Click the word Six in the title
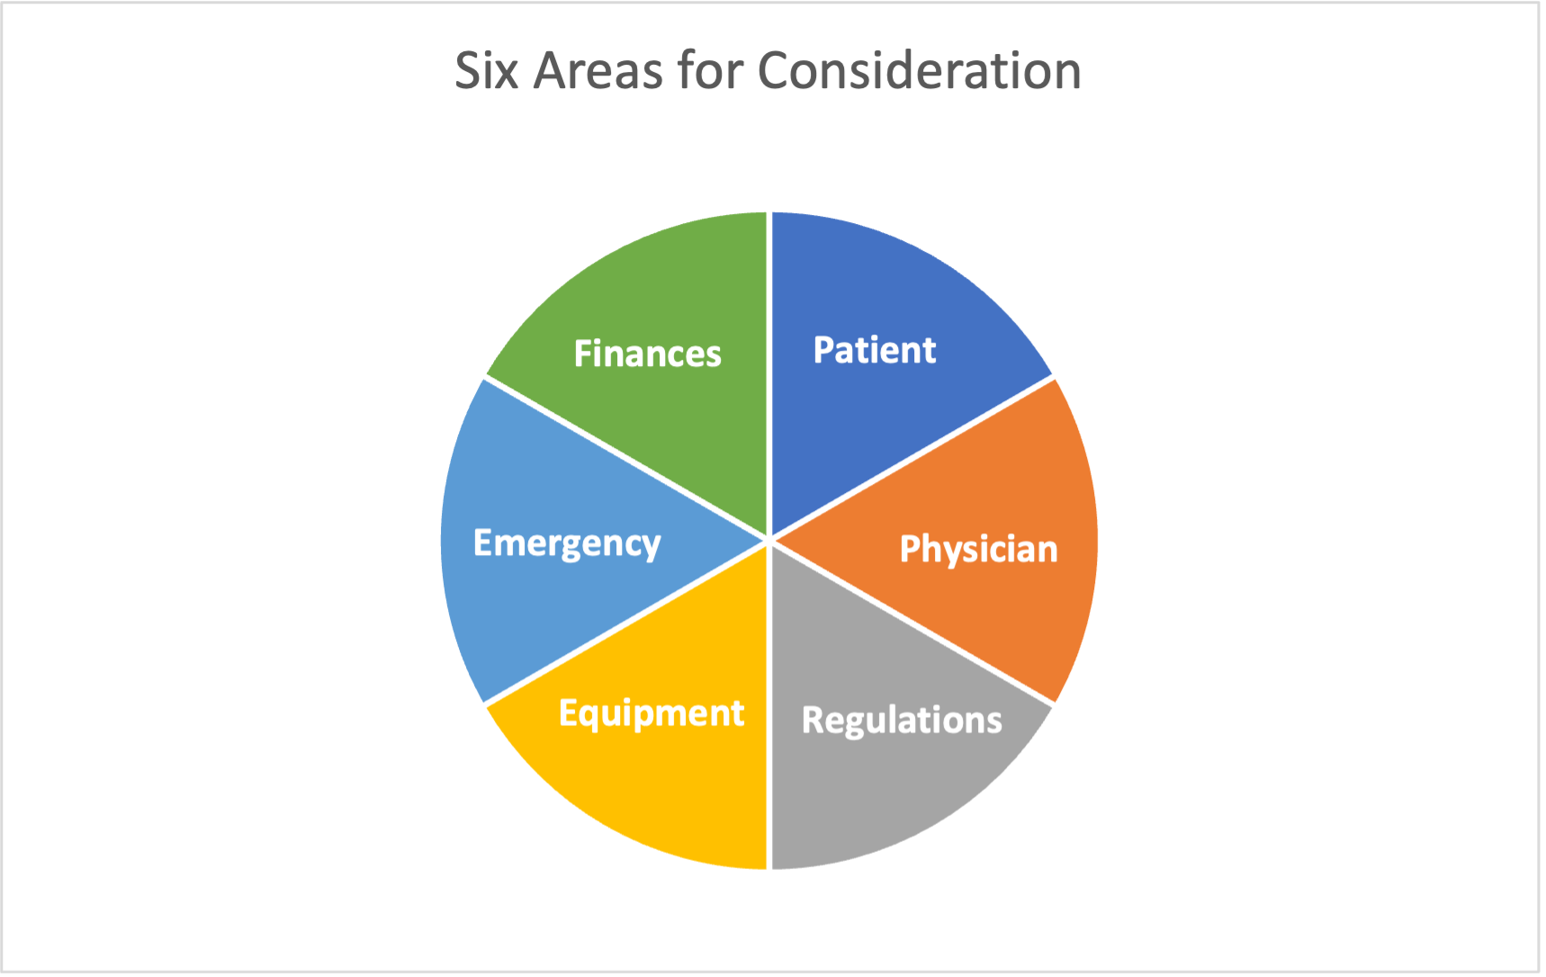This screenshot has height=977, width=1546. (487, 70)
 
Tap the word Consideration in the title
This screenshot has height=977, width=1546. (920, 70)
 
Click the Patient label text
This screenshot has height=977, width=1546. (875, 350)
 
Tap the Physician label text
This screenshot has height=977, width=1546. (979, 549)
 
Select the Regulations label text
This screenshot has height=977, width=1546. (902, 721)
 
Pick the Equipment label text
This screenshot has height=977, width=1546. (652, 713)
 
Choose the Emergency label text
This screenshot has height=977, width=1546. (567, 544)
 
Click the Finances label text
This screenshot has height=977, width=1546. (648, 354)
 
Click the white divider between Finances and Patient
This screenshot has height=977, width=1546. (769, 376)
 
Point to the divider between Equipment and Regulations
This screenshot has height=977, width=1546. (769, 705)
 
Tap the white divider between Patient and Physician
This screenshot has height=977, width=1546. (912, 459)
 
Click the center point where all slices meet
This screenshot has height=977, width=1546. (769, 541)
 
